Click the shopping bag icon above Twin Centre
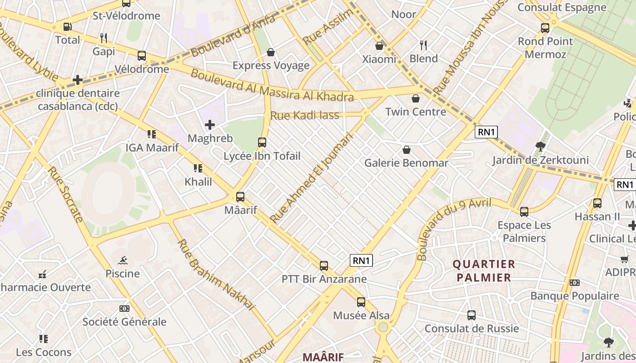coord(415,98)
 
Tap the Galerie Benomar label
coord(406,163)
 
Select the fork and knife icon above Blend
coord(423,45)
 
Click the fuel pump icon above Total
coord(67,27)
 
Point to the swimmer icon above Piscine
coord(123,260)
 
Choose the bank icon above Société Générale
coord(124,309)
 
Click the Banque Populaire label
coord(575,296)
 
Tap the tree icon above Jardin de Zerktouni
coord(540,146)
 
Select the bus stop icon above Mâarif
coord(240,197)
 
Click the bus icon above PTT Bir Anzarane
coord(324,266)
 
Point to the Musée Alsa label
coord(361,315)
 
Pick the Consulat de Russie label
coord(472,328)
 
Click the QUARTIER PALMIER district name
coord(484,270)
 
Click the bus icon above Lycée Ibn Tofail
coord(262,142)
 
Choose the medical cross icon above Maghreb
coord(210,124)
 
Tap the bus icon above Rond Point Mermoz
coord(545,28)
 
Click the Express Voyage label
coord(271,65)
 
